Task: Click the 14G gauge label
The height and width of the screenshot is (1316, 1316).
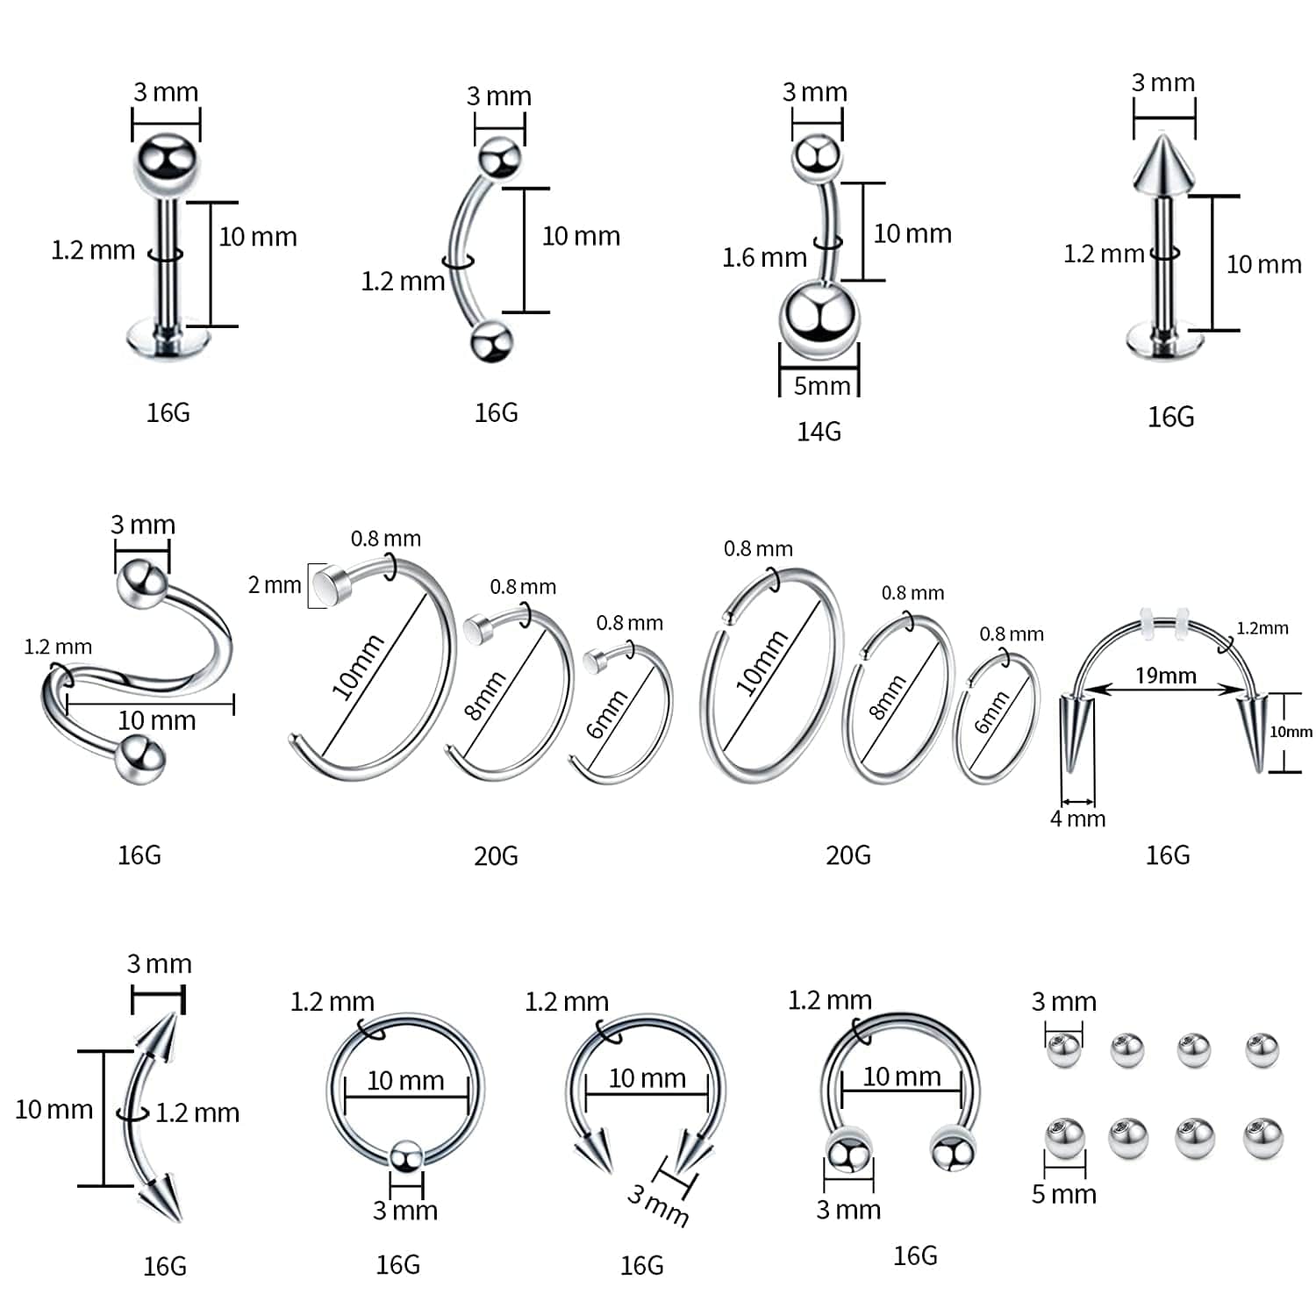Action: (x=819, y=431)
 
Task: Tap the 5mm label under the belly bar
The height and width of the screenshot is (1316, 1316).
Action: (x=821, y=385)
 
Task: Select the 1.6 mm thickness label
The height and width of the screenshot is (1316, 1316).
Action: (x=763, y=257)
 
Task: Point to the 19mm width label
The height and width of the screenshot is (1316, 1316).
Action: (x=1165, y=675)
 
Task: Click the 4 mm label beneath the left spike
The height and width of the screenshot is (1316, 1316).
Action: (x=1077, y=819)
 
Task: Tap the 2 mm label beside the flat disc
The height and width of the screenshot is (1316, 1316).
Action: (x=274, y=584)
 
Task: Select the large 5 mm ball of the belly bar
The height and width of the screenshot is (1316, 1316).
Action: (x=819, y=320)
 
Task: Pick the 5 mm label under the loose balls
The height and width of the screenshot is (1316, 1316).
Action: (x=1063, y=1194)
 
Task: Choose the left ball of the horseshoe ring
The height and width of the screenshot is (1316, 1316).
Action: (x=848, y=1152)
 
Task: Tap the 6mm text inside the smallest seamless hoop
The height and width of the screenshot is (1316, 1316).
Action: (x=991, y=712)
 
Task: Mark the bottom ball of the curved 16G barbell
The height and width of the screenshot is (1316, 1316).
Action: (x=490, y=341)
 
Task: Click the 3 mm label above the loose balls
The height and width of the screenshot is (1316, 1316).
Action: (x=1063, y=1001)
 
